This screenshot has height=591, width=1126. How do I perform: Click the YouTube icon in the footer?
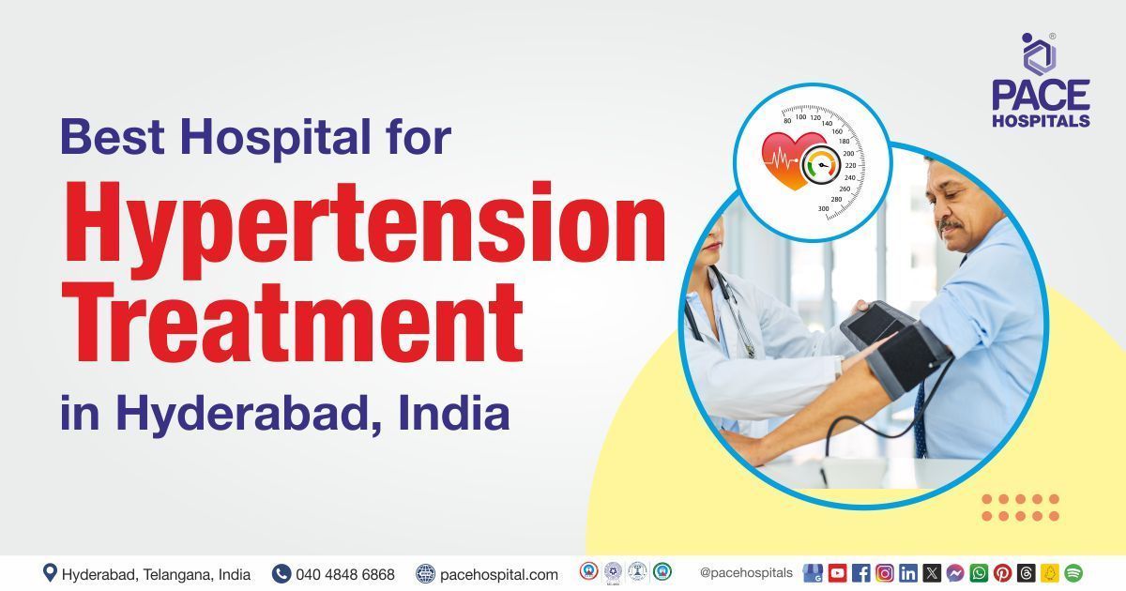837,573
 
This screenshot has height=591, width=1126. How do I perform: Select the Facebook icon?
860,573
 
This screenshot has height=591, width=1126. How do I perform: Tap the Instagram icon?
884,573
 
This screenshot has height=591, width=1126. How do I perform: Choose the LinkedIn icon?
907,573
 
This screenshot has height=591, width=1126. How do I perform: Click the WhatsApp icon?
979,573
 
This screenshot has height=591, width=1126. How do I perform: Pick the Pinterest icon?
1002,573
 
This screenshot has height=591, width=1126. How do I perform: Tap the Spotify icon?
1073,573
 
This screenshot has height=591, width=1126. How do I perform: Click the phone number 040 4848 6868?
344,574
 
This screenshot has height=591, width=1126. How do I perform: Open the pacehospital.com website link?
498,574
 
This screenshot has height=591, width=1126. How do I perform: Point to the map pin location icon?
50,573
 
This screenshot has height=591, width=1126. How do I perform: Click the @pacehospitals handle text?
746,573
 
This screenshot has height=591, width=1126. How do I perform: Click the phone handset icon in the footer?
281,573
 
